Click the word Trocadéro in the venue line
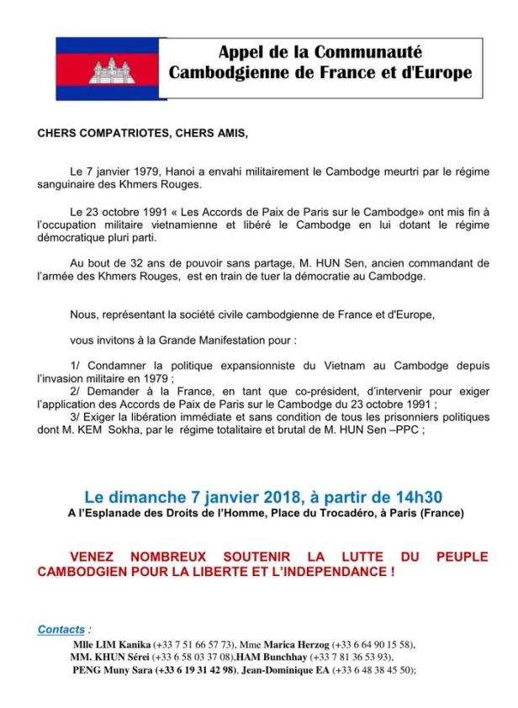pyautogui.click(x=351, y=511)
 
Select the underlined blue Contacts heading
pyautogui.click(x=61, y=629)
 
